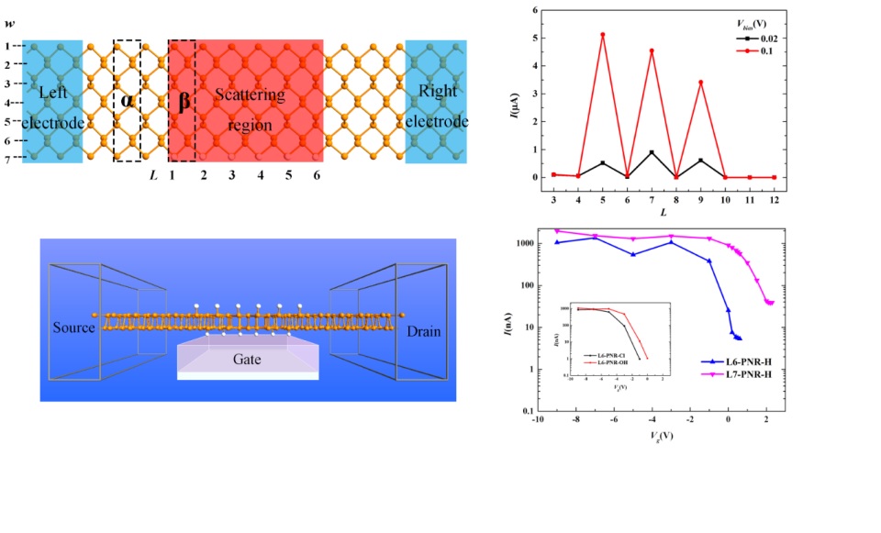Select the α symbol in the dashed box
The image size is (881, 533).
(x=127, y=100)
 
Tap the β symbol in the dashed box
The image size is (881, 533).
(x=184, y=100)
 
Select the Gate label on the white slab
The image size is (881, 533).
(x=247, y=360)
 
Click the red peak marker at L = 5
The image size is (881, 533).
(x=602, y=35)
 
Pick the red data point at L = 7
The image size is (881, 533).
(x=652, y=50)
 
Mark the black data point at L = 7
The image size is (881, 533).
(x=652, y=152)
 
